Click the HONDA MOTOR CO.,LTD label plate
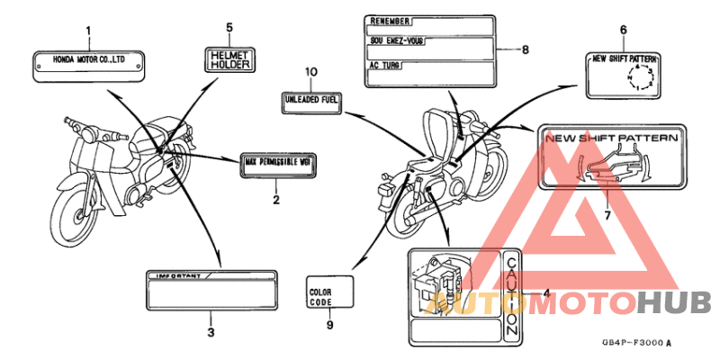(x=88, y=65)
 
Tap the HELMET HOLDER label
(x=229, y=60)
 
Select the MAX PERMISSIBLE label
(x=276, y=165)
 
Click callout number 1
(x=88, y=32)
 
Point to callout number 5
(x=229, y=28)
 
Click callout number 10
(x=311, y=70)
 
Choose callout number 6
(x=623, y=30)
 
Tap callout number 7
(x=606, y=215)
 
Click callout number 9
(x=329, y=325)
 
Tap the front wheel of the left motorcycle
(x=72, y=211)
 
